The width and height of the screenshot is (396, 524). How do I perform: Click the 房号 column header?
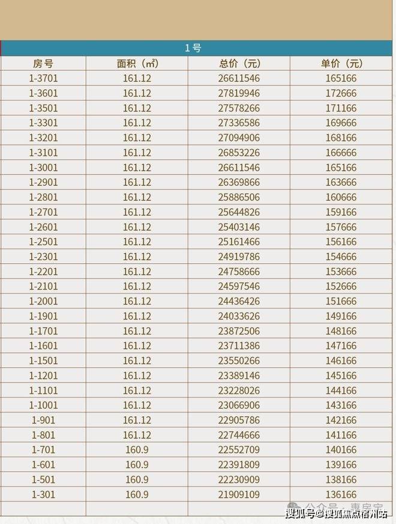point(43,64)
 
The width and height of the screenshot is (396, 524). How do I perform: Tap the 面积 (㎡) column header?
point(137,64)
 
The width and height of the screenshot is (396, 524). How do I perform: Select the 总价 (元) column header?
point(239,64)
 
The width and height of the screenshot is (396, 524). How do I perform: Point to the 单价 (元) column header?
point(342,64)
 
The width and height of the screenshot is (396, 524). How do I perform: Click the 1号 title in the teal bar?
point(193,48)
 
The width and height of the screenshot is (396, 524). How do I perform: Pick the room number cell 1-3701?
point(43,79)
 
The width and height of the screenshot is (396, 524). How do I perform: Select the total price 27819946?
point(239,94)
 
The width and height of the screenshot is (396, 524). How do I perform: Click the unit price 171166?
point(342,109)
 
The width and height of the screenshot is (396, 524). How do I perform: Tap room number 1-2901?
point(43,182)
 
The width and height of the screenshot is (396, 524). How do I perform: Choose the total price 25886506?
point(239,197)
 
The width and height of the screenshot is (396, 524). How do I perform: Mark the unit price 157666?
point(342,227)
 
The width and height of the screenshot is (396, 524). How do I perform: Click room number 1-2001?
point(43,302)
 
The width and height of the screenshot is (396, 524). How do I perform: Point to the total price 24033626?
point(239,316)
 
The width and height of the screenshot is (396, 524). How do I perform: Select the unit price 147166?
point(342,346)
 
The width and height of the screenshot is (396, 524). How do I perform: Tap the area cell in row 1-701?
point(137,450)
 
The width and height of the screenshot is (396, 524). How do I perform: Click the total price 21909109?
point(239,495)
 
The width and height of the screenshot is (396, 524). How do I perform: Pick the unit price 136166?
point(342,495)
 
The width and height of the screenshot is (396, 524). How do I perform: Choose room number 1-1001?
point(43,405)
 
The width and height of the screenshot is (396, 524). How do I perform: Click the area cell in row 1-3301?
point(137,123)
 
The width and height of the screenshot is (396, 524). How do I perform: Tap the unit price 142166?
point(342,420)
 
